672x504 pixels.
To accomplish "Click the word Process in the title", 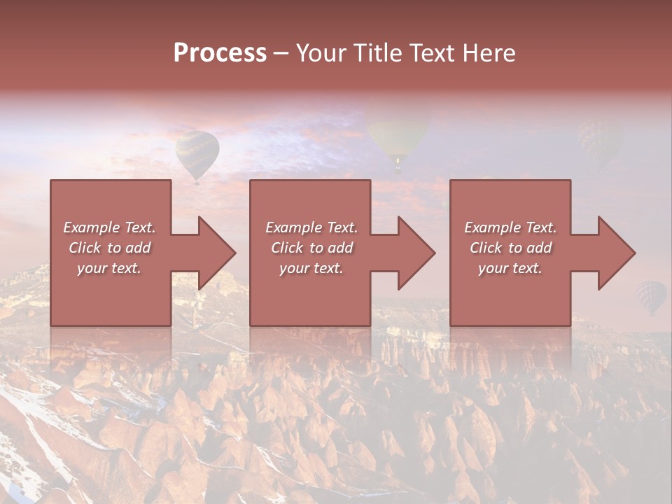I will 220,53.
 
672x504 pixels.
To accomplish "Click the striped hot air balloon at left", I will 197,153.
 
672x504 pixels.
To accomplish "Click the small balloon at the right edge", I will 651,296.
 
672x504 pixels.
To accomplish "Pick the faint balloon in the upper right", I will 598,140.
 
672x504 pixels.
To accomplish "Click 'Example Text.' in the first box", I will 109,227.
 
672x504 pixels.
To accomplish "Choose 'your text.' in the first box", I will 109,268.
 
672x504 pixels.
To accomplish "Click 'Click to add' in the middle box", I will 311,248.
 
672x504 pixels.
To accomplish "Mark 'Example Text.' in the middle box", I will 311,227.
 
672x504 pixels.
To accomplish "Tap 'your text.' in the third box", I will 510,268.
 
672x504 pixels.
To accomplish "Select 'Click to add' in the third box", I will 510,248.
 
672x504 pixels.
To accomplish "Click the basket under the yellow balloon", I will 398,167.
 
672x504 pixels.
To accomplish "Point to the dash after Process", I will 281,54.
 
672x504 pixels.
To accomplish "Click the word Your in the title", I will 319,53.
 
